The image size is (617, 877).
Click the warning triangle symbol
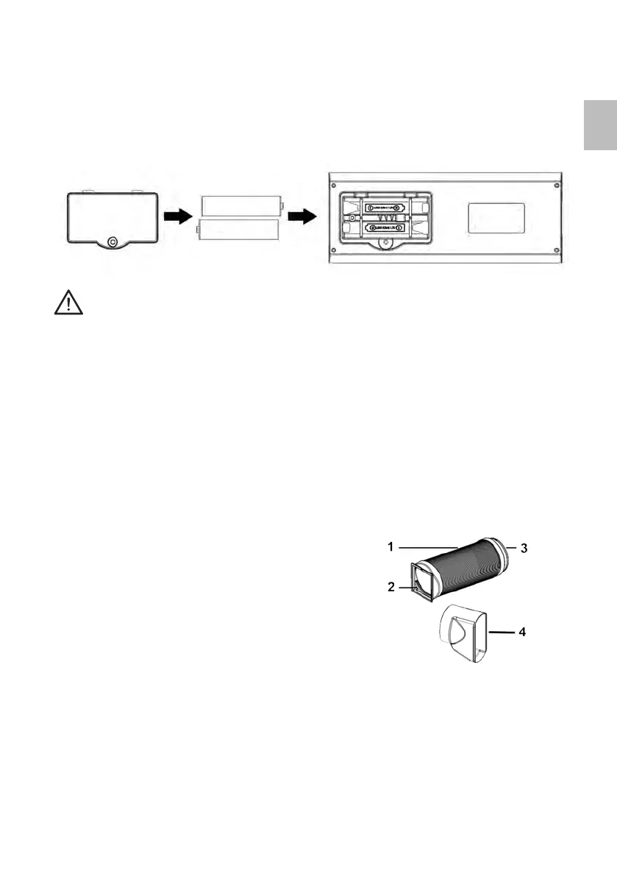coord(68,302)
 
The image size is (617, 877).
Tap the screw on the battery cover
coord(111,241)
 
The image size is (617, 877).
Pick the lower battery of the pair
coord(239,230)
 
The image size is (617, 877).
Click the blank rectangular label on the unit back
coord(496,219)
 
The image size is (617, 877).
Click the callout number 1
coord(391,547)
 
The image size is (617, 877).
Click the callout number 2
coord(391,587)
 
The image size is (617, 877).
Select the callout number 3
coord(524,548)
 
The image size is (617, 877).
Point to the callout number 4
coord(524,632)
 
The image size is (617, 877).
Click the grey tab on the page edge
coord(601,126)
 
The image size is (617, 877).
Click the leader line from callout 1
coord(427,547)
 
